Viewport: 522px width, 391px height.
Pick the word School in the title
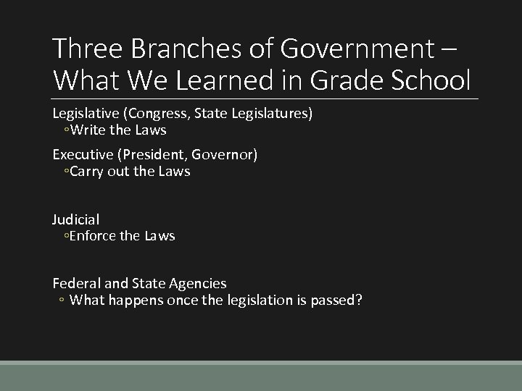[432, 79]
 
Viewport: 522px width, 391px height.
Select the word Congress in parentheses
[159, 114]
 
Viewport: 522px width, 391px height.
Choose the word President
[152, 155]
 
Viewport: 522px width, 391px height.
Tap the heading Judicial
[76, 219]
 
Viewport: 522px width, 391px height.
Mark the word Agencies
[197, 284]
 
